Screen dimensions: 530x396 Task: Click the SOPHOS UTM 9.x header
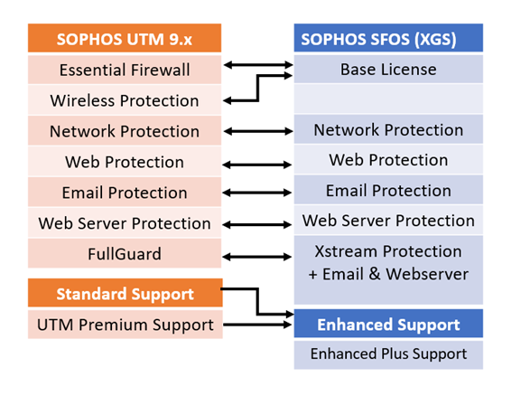point(125,38)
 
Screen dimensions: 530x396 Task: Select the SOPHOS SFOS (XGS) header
point(388,38)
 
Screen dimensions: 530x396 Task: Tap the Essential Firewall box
point(125,70)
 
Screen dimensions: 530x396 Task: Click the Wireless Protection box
point(125,100)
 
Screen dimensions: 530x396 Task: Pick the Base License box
point(388,69)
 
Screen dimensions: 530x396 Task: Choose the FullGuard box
point(125,253)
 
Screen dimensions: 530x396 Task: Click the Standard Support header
point(126,293)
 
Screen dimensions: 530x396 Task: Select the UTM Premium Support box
point(126,325)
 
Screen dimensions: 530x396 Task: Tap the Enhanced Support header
point(388,324)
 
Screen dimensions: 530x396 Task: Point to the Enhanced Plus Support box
point(388,354)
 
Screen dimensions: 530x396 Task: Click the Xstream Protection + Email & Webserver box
point(388,270)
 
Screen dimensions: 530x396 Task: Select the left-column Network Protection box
point(125,131)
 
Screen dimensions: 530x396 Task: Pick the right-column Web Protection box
point(388,160)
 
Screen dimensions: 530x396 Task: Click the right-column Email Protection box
point(388,190)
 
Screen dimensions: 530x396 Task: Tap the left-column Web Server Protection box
point(125,222)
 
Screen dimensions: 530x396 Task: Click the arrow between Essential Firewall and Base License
point(258,65)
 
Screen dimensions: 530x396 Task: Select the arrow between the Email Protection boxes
point(257,193)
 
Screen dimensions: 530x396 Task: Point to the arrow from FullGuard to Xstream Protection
point(257,257)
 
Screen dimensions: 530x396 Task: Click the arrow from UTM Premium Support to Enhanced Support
point(257,325)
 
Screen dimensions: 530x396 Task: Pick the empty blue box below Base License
point(388,99)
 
